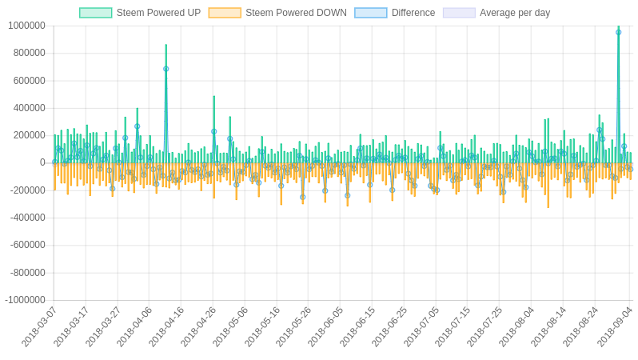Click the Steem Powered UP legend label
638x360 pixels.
[x=158, y=13]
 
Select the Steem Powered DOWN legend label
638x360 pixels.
[x=296, y=13]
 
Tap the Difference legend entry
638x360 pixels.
[x=413, y=13]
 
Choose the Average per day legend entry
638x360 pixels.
[x=515, y=13]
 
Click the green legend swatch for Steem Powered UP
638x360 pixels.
[x=95, y=13]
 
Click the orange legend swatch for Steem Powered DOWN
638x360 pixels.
[x=225, y=13]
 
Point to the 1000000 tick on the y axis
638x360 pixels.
[x=26, y=26]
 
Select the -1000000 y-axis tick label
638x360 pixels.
[x=25, y=300]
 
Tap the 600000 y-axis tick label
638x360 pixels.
[x=29, y=80]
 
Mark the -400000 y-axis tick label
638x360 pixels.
[x=27, y=218]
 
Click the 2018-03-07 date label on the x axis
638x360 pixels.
[x=39, y=326]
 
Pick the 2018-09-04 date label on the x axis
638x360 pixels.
[x=615, y=326]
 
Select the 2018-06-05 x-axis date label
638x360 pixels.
[x=325, y=326]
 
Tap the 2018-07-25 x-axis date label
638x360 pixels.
[x=484, y=326]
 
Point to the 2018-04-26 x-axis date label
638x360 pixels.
[x=198, y=326]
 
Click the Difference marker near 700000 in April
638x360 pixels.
[x=165, y=69]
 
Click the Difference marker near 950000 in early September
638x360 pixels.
[x=618, y=32]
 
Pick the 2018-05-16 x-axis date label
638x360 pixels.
[x=262, y=326]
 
